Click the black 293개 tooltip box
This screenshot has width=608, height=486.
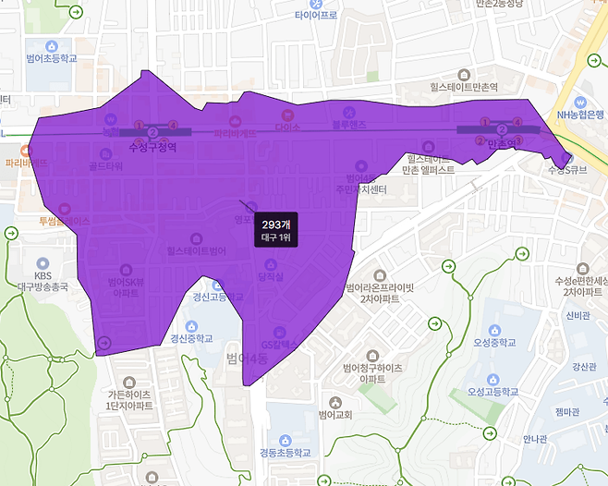(x=276, y=230)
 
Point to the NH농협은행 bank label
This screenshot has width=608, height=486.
(x=579, y=115)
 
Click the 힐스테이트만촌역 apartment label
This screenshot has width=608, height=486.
(x=463, y=87)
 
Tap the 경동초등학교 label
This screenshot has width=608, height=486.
(x=286, y=453)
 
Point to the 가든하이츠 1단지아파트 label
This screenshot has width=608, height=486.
(x=128, y=400)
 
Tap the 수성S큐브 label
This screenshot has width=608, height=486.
(x=566, y=170)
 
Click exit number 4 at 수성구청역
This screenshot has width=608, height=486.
(x=173, y=124)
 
